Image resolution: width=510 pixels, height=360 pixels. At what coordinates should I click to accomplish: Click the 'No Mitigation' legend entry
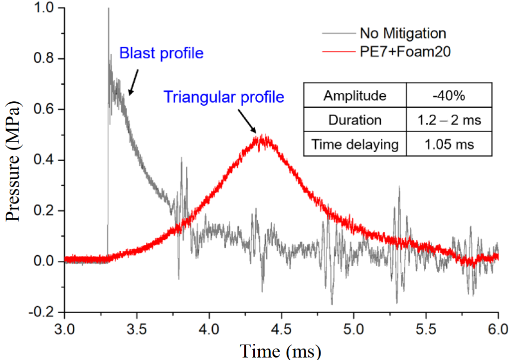click(x=402, y=33)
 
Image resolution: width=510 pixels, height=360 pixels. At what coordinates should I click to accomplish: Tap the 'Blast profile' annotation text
click(x=161, y=53)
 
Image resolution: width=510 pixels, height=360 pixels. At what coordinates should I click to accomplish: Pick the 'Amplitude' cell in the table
click(x=355, y=96)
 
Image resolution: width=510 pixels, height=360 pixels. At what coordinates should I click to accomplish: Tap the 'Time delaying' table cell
click(x=355, y=145)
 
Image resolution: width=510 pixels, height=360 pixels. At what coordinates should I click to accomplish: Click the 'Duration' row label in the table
click(x=355, y=120)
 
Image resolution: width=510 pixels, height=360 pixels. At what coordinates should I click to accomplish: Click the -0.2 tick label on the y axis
click(x=46, y=312)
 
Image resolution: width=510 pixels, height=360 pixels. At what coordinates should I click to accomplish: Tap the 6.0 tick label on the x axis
click(x=498, y=330)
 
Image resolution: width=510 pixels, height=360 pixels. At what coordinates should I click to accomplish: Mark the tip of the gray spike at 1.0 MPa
click(x=108, y=8)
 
